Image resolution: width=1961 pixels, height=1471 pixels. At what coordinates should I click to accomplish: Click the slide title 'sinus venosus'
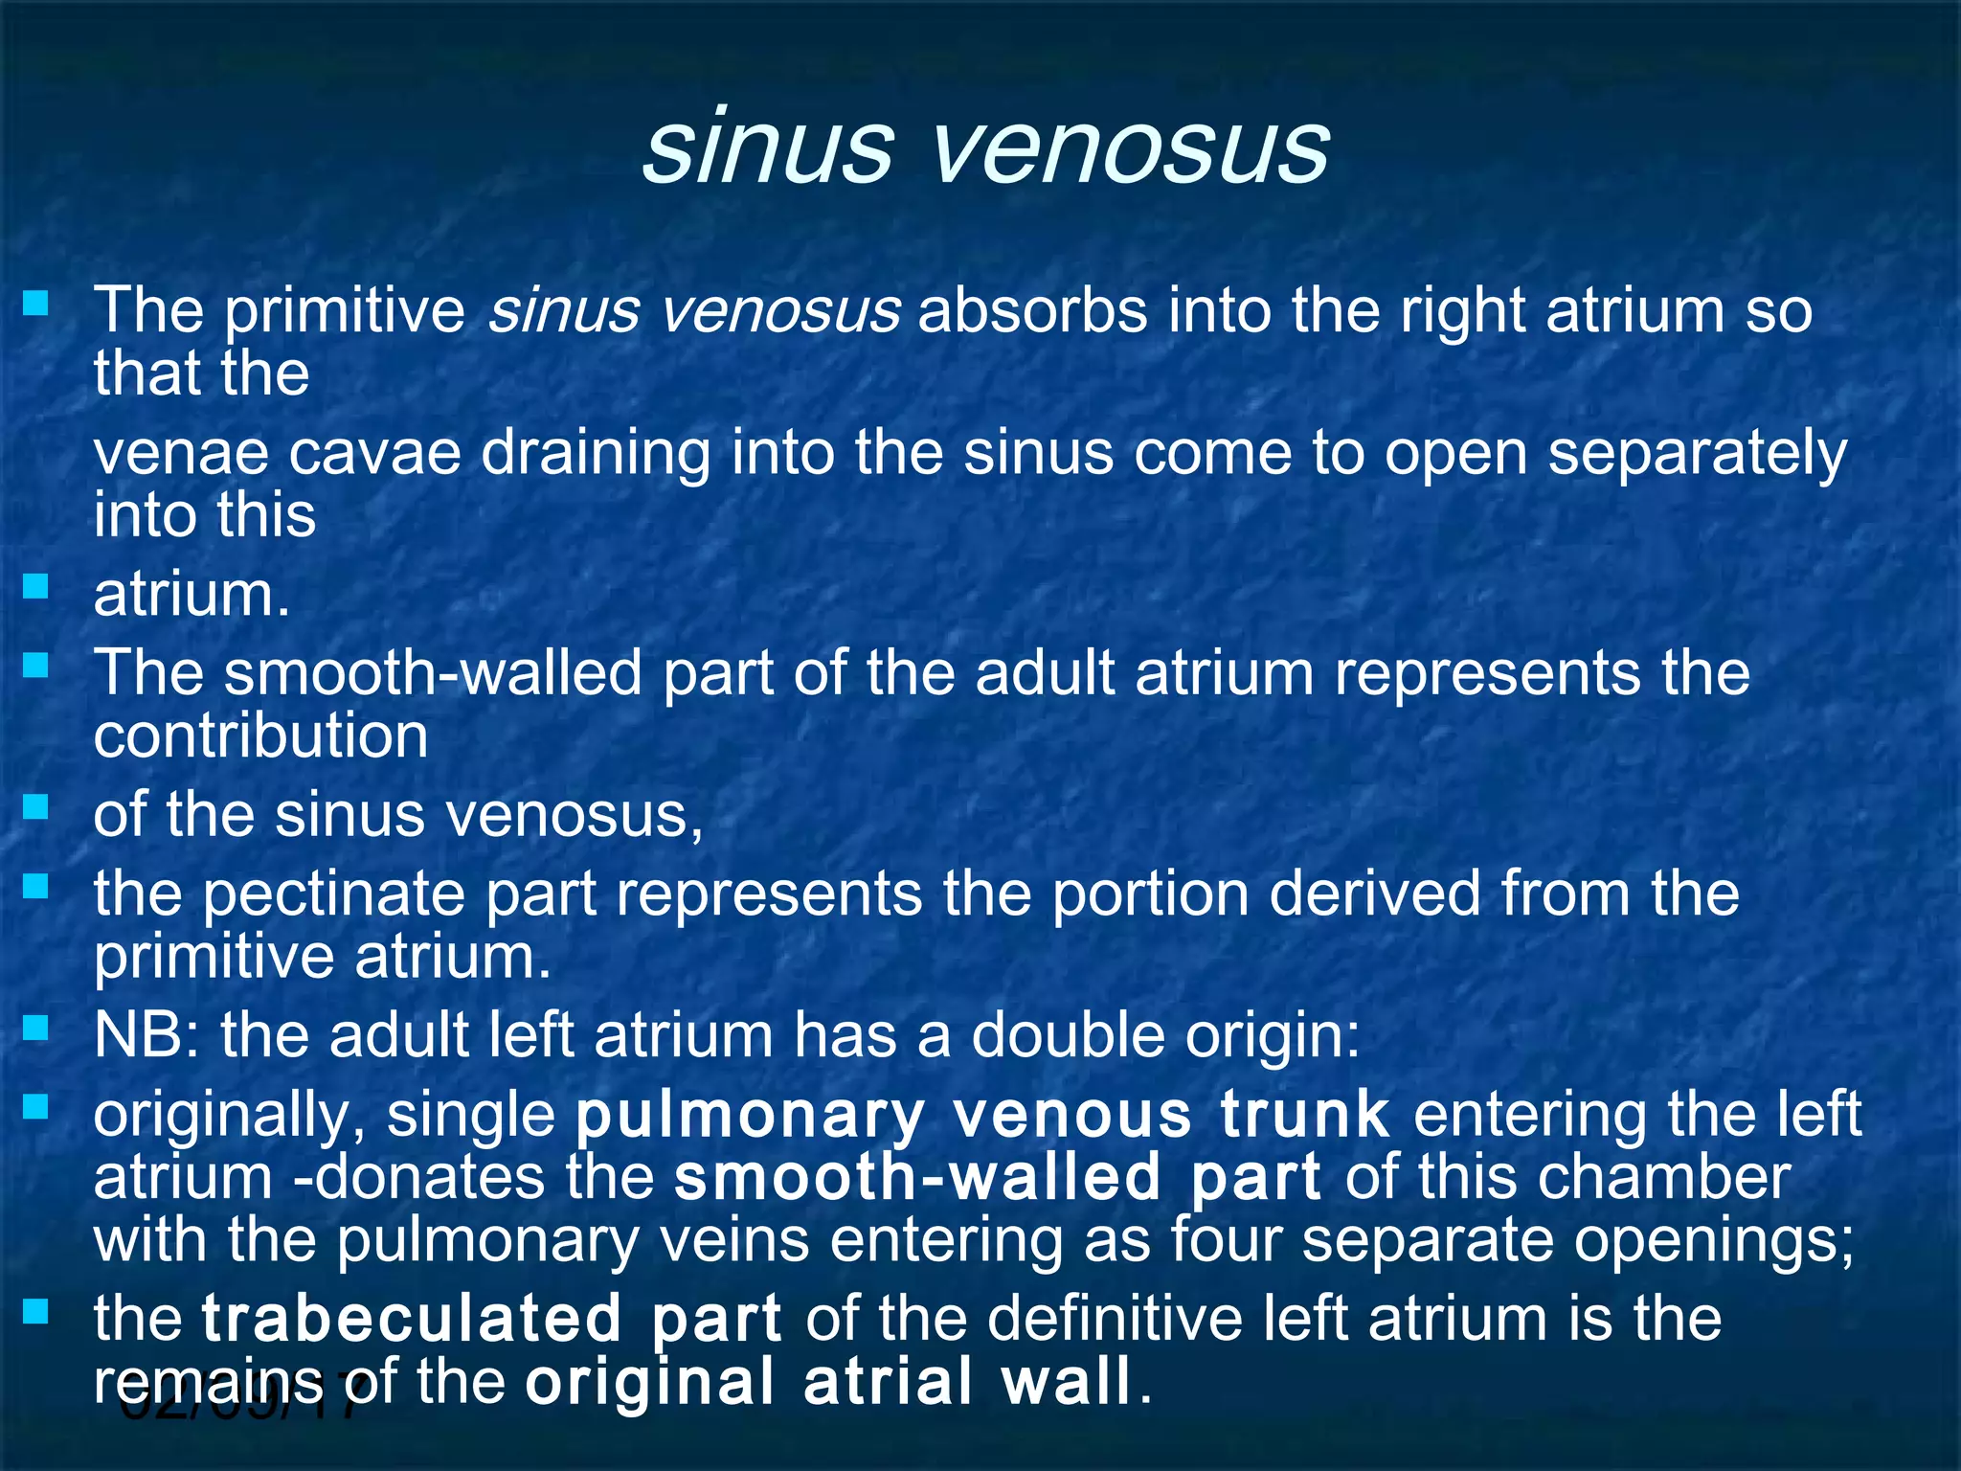(x=985, y=147)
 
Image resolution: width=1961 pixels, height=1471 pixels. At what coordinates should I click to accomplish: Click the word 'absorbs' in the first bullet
(x=1032, y=311)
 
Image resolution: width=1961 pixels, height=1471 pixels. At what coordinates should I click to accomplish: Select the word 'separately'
(x=1697, y=453)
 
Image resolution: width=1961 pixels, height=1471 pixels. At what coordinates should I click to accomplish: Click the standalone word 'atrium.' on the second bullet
(x=192, y=595)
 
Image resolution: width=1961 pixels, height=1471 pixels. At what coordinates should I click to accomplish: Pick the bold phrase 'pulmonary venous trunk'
(x=982, y=1116)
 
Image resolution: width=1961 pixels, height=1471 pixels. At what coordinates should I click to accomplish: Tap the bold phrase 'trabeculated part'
(x=491, y=1320)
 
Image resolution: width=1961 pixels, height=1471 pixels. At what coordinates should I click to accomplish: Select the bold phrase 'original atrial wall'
(x=829, y=1382)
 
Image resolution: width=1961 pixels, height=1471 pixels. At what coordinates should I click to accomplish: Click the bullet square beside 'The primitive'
(x=35, y=305)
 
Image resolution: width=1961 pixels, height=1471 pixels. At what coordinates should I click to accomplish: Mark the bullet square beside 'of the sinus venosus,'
(x=35, y=808)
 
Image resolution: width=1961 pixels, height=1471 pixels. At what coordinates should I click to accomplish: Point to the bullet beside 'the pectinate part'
(x=35, y=887)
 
